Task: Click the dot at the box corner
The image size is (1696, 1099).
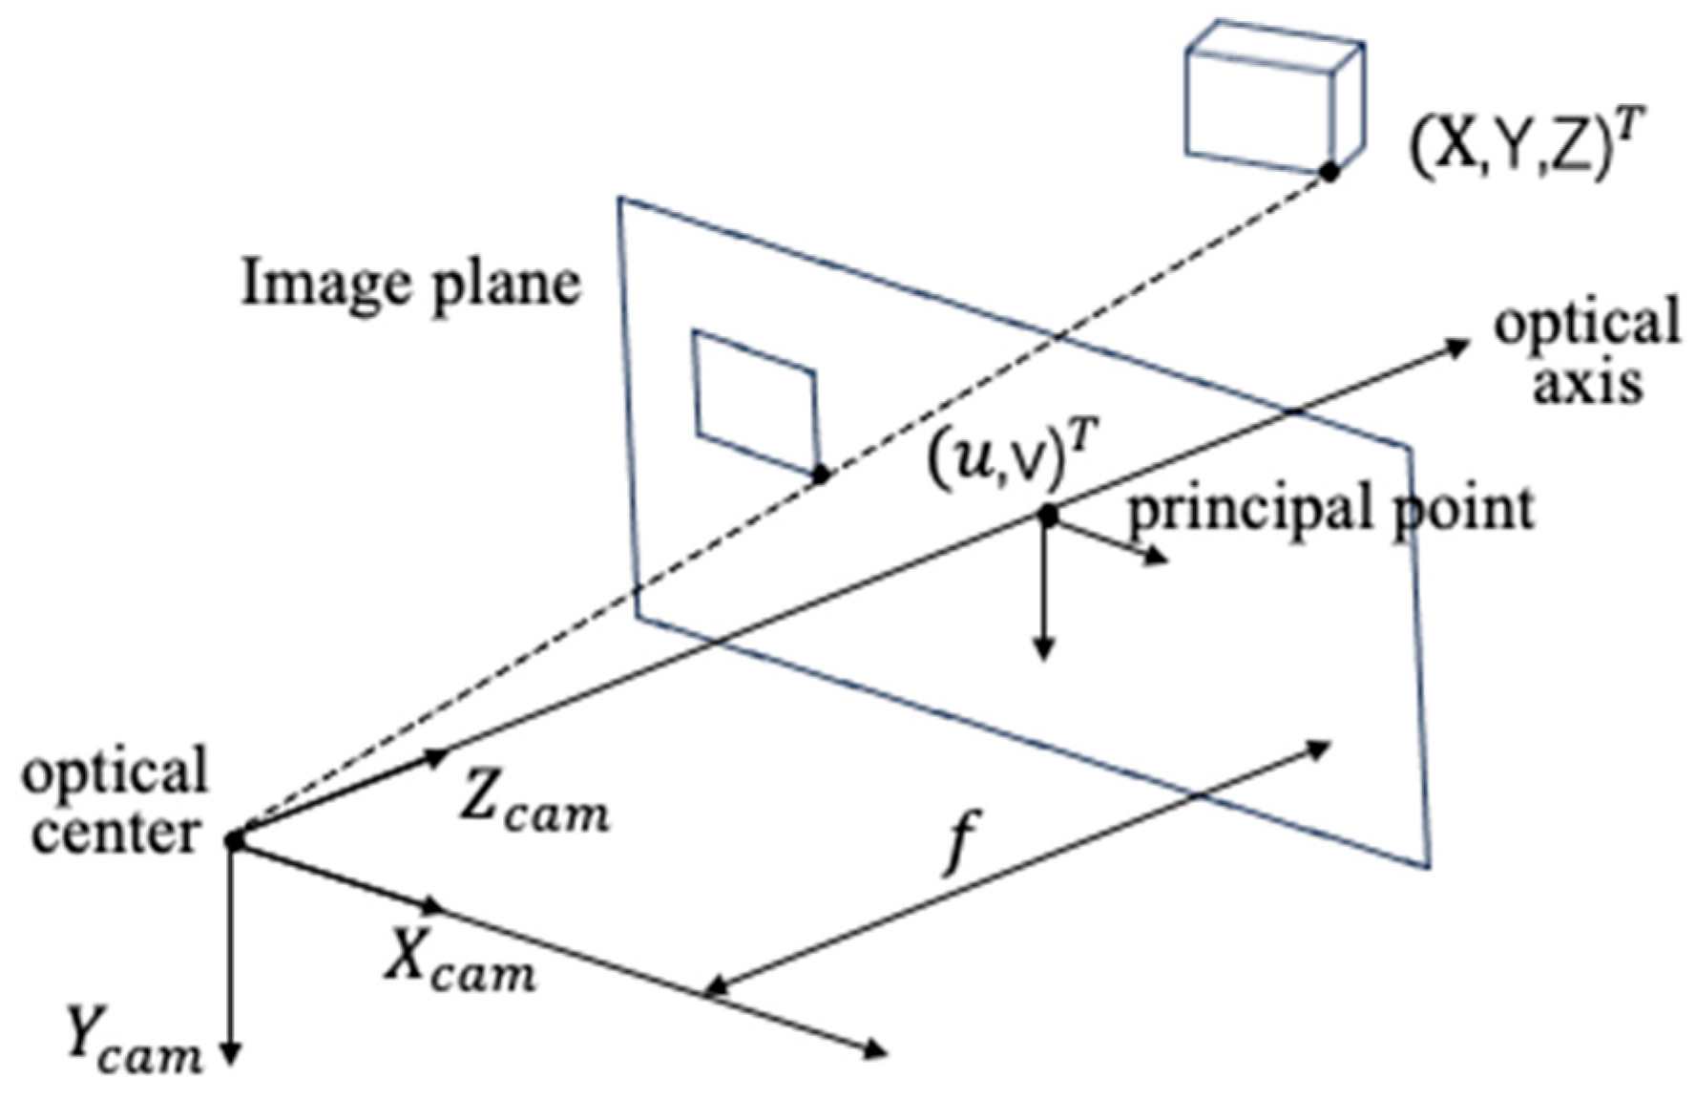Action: [1328, 173]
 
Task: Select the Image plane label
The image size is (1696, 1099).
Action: [410, 285]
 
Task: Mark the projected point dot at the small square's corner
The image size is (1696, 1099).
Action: [820, 475]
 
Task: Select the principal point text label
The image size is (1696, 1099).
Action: [1331, 508]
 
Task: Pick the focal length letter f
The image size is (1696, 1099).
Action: [961, 843]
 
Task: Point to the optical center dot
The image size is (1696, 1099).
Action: [234, 840]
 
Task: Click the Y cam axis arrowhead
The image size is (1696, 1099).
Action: [230, 1054]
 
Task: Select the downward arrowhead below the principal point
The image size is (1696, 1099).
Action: [1045, 651]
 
